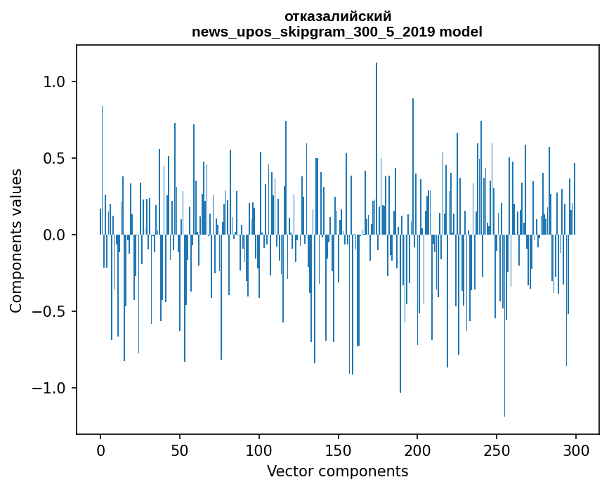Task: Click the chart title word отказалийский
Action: tap(337, 16)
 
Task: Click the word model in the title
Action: tap(461, 32)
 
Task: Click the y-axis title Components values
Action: tap(16, 240)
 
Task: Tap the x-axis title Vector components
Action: tap(337, 471)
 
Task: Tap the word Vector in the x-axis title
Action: tap(288, 471)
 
